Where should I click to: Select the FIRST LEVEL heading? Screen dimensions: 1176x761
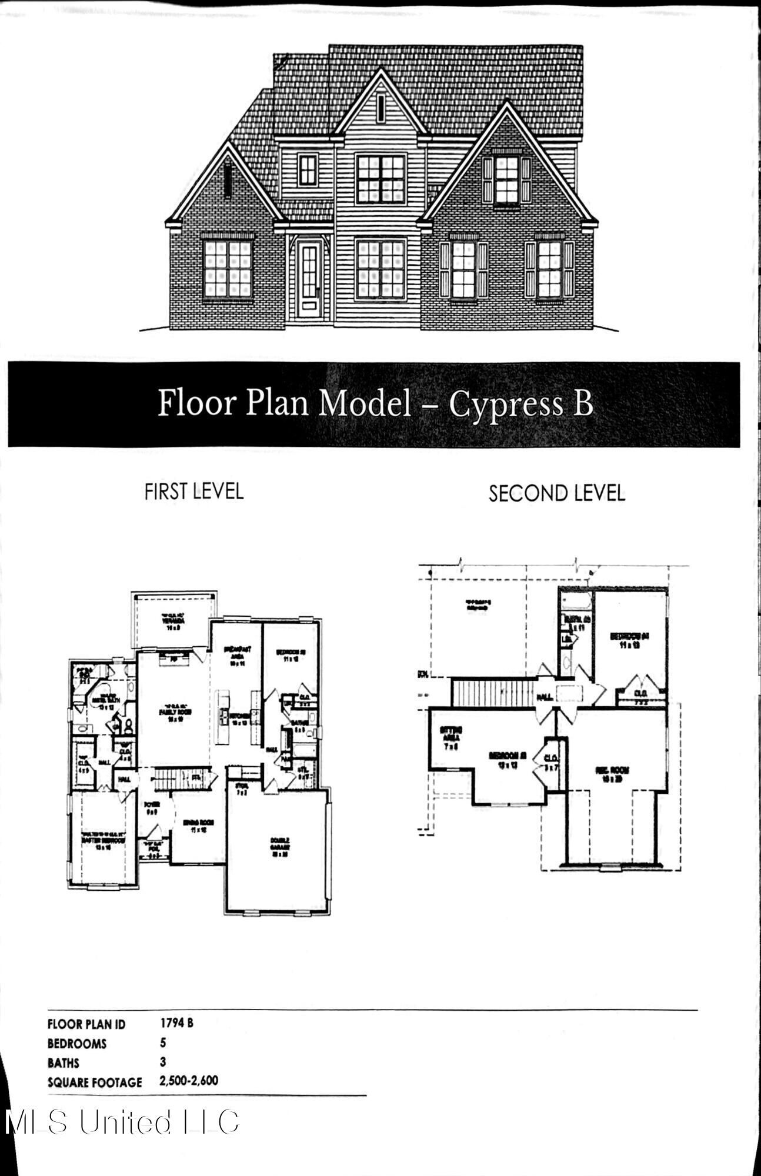click(x=193, y=491)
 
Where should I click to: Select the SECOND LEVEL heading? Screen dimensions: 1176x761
click(x=556, y=493)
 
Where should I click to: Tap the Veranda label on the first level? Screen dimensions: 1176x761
click(x=174, y=621)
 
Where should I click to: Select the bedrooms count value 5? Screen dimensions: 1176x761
click(x=163, y=1043)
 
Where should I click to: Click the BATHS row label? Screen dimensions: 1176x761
click(x=64, y=1063)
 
